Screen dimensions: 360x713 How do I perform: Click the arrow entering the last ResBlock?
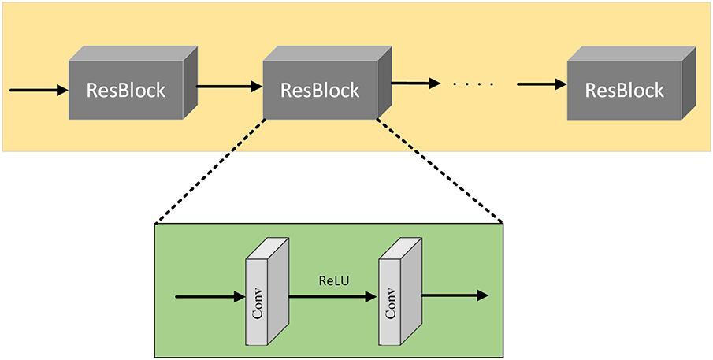[542, 84]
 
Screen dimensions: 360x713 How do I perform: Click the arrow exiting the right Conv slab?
[455, 295]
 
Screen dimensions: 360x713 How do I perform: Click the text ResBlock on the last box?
[625, 90]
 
